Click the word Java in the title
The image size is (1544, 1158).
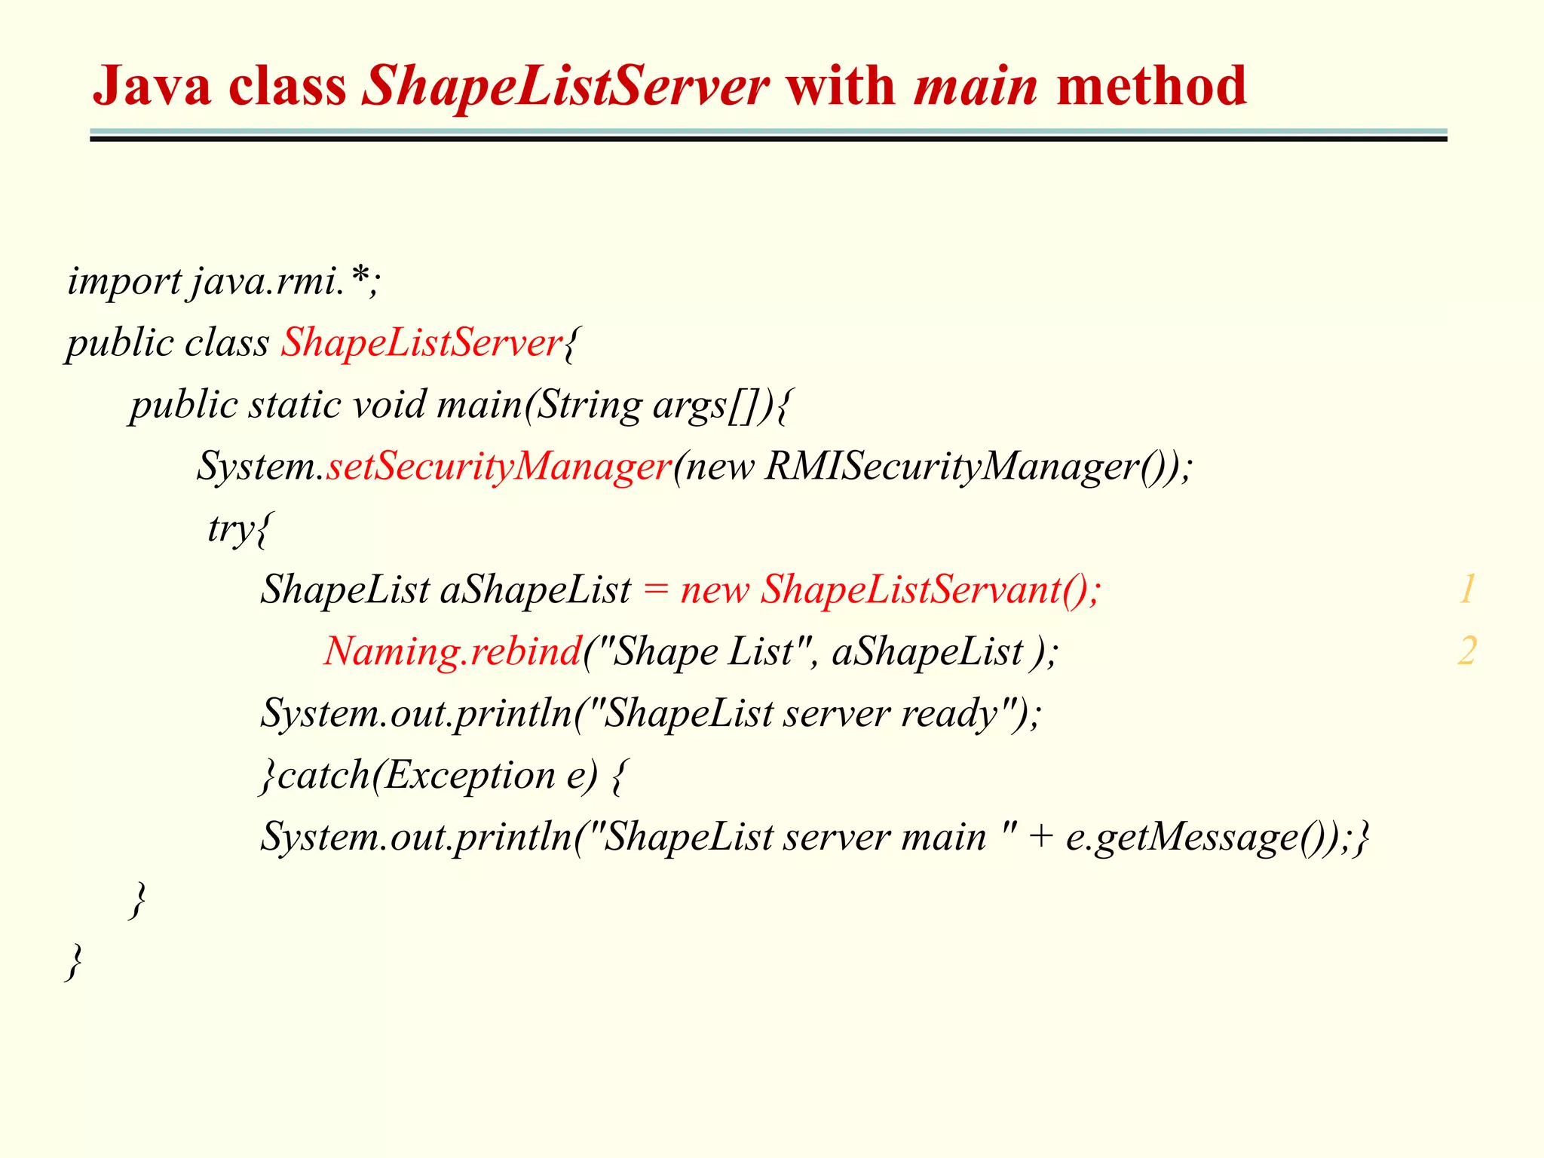coord(151,86)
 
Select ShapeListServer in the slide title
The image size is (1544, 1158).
coord(565,86)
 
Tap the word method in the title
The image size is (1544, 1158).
coord(1151,86)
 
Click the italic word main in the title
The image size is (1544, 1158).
coord(976,86)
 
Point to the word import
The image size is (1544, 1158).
coord(124,282)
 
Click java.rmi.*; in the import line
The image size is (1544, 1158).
coord(286,282)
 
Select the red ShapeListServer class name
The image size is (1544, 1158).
coord(421,343)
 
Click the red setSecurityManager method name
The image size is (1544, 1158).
coord(498,466)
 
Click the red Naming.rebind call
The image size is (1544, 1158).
coord(452,651)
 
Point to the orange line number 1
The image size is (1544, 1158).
coord(1466,590)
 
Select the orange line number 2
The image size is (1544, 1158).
coord(1466,651)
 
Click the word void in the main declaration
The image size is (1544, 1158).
coord(389,405)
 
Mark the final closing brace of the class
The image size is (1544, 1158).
coord(74,960)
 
